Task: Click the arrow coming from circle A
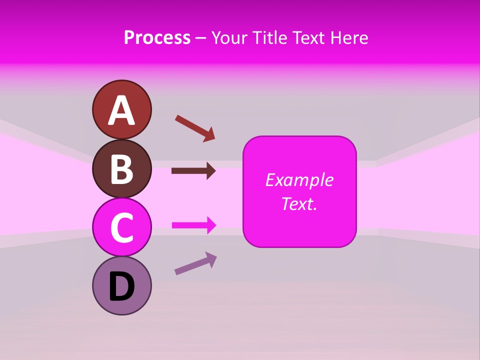click(x=195, y=128)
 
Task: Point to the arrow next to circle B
click(x=193, y=171)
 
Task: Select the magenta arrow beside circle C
click(x=194, y=225)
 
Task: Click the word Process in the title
click(x=157, y=37)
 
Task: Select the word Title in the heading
click(x=269, y=37)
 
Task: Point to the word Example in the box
click(x=299, y=180)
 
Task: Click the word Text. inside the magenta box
click(x=299, y=203)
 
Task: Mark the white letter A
click(x=121, y=110)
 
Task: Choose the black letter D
click(x=121, y=287)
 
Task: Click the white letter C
click(x=121, y=228)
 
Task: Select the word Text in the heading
click(x=310, y=37)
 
